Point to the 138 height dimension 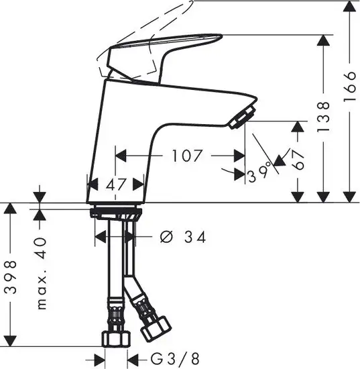pyautogui.click(x=323, y=117)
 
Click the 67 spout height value pyautogui.click(x=299, y=160)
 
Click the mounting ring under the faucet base pyautogui.click(x=115, y=211)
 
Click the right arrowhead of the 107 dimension pyautogui.click(x=240, y=156)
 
